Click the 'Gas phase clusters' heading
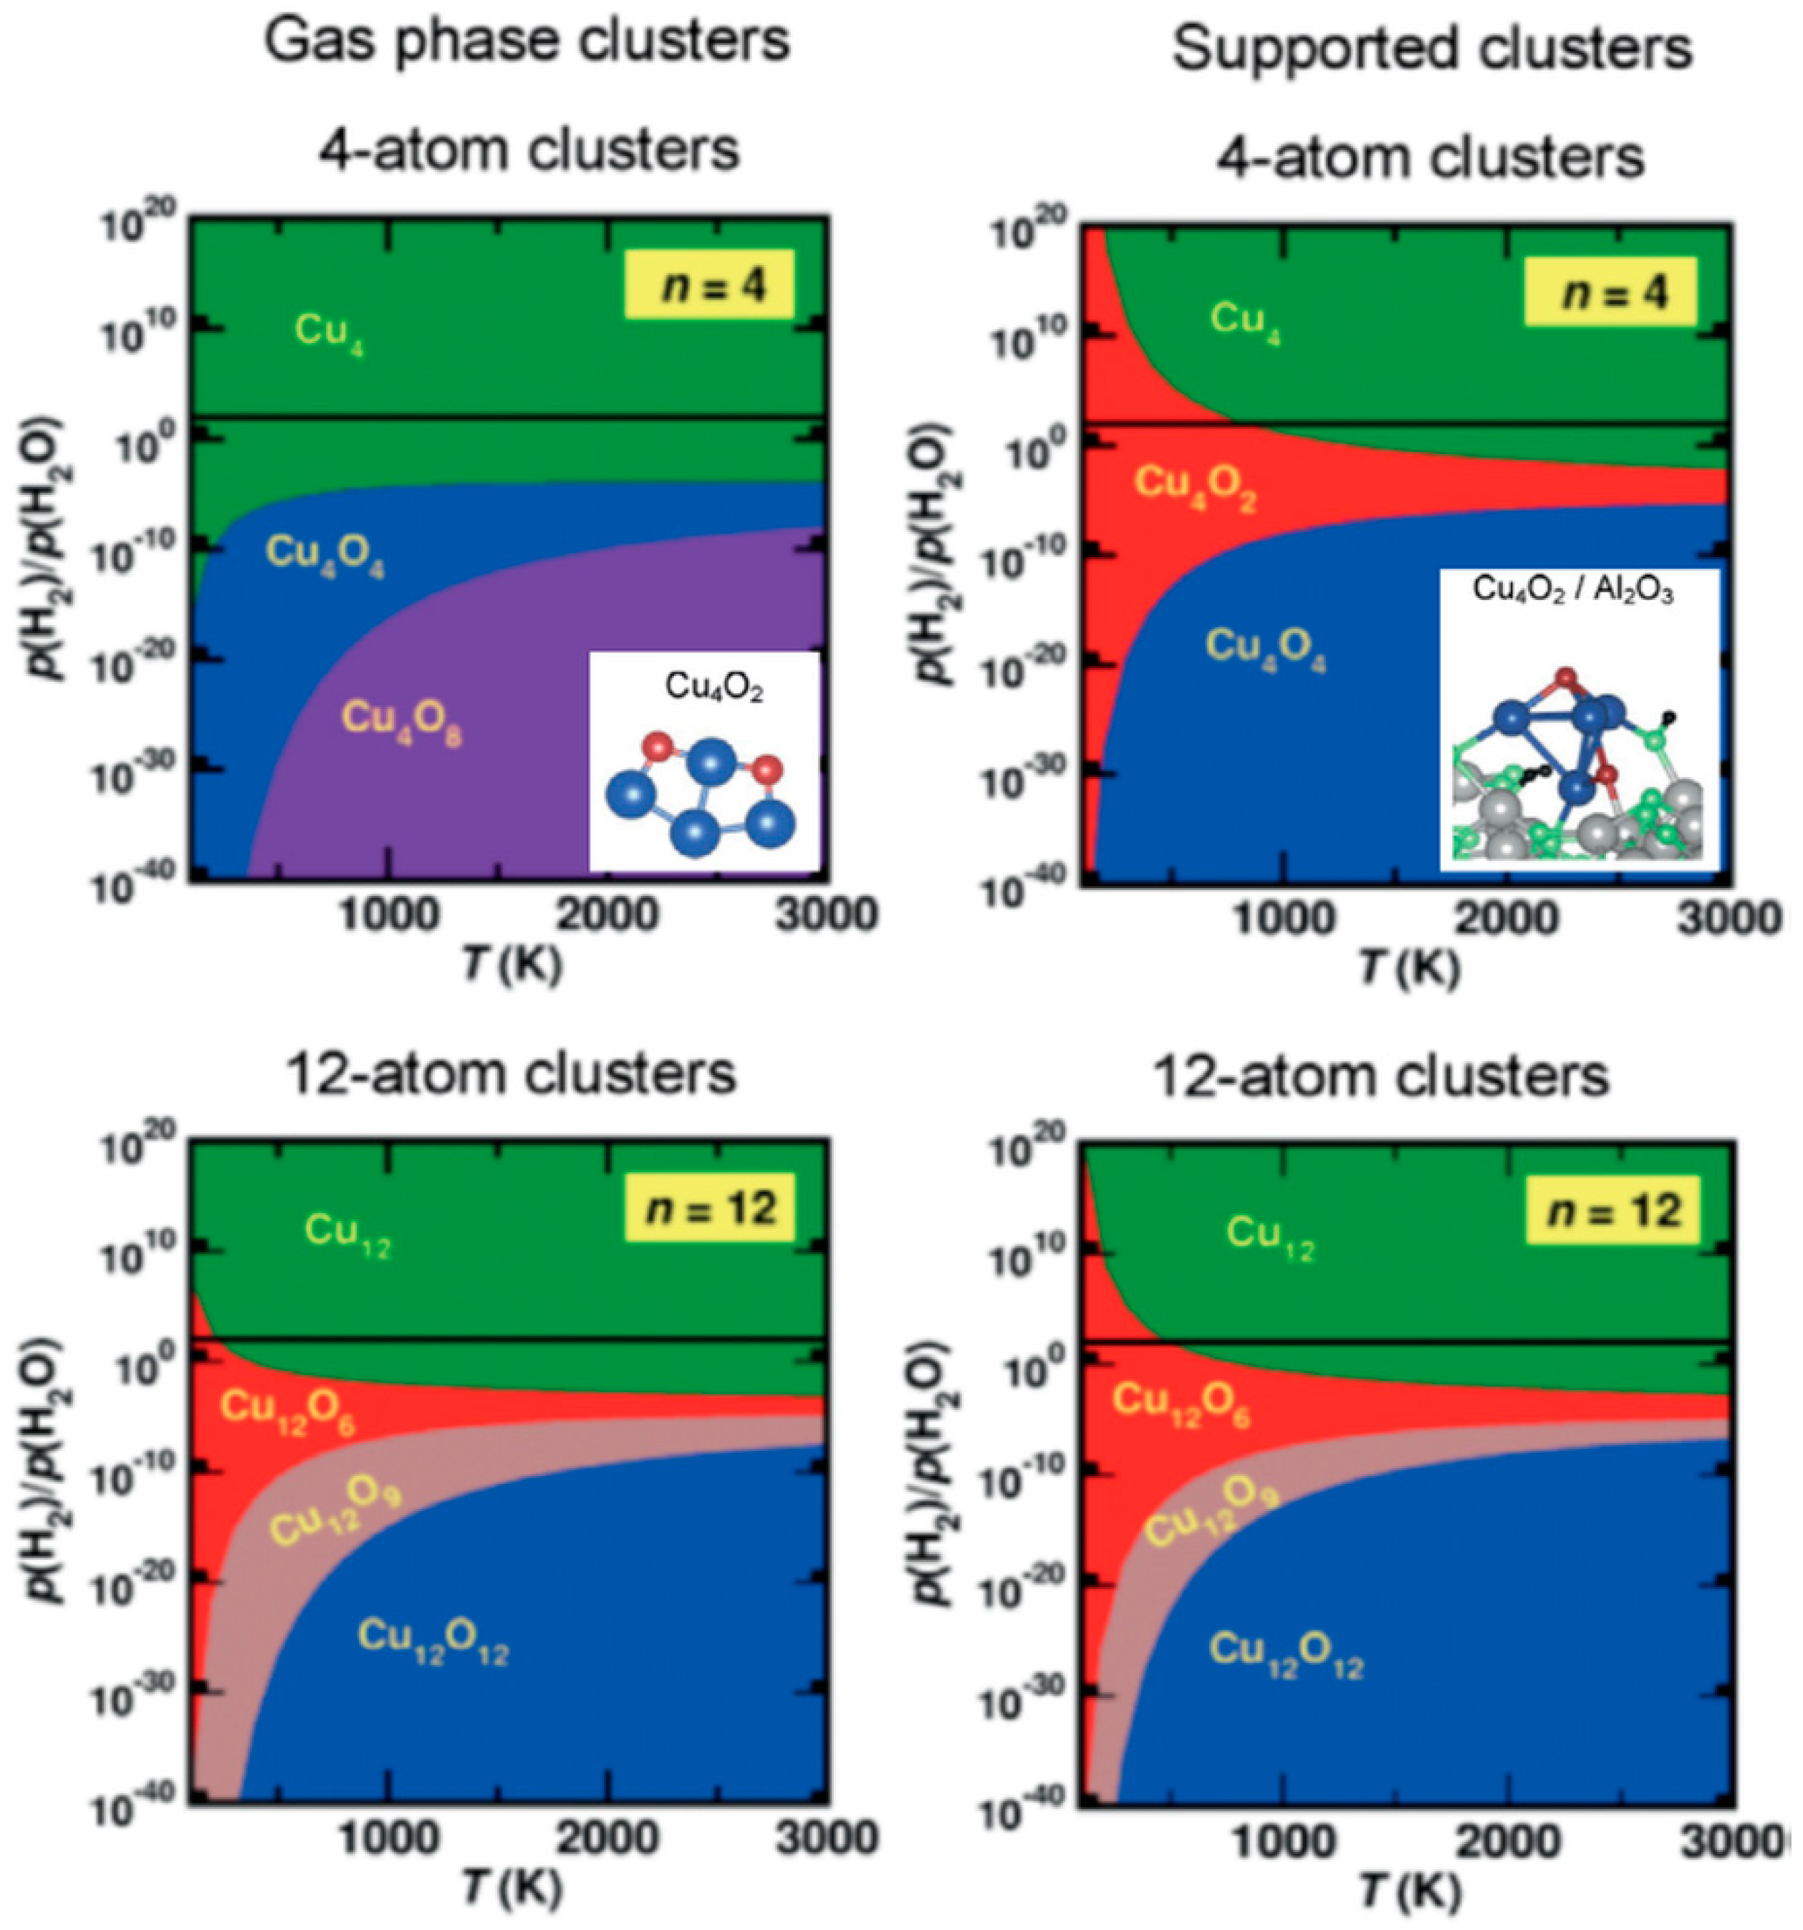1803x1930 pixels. (527, 41)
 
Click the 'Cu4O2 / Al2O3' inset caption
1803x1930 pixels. (1573, 590)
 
